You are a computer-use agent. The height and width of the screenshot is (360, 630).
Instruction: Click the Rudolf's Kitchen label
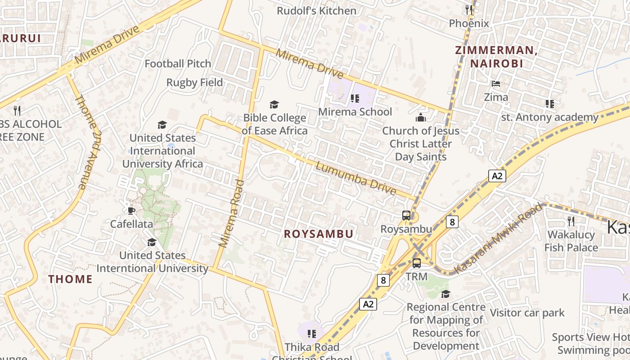coord(316,11)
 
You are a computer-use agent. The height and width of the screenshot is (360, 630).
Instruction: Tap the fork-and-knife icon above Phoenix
coord(469,9)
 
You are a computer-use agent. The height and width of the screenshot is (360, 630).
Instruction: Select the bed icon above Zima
coord(496,84)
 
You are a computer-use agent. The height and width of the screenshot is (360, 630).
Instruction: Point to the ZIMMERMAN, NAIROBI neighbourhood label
coord(496,57)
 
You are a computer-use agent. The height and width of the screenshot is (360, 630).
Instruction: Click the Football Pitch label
coord(178,64)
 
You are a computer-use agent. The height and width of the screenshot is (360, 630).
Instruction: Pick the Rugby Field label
coord(194,82)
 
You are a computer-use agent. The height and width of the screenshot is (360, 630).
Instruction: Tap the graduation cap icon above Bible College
coord(274,105)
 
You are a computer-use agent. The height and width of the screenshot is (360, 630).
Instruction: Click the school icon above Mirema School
coord(355,98)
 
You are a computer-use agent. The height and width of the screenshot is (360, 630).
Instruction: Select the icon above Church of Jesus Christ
coord(421,118)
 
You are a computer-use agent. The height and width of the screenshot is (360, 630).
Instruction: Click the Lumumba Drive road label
coord(356,179)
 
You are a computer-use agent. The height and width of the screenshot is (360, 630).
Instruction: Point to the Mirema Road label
coord(231,213)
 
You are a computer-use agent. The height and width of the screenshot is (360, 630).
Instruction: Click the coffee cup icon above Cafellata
coord(131,210)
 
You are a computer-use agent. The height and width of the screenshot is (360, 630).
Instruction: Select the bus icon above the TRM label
coord(417,263)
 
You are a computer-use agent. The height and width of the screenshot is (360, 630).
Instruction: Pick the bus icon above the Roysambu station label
coord(406,216)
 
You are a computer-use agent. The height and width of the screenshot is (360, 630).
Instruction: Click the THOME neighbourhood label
coord(70,279)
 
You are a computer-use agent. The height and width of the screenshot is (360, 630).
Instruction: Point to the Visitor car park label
coord(527,313)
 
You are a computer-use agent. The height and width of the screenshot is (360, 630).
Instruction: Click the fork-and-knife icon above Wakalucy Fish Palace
coord(571,221)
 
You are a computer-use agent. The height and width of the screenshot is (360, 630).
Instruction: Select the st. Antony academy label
coord(550,117)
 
